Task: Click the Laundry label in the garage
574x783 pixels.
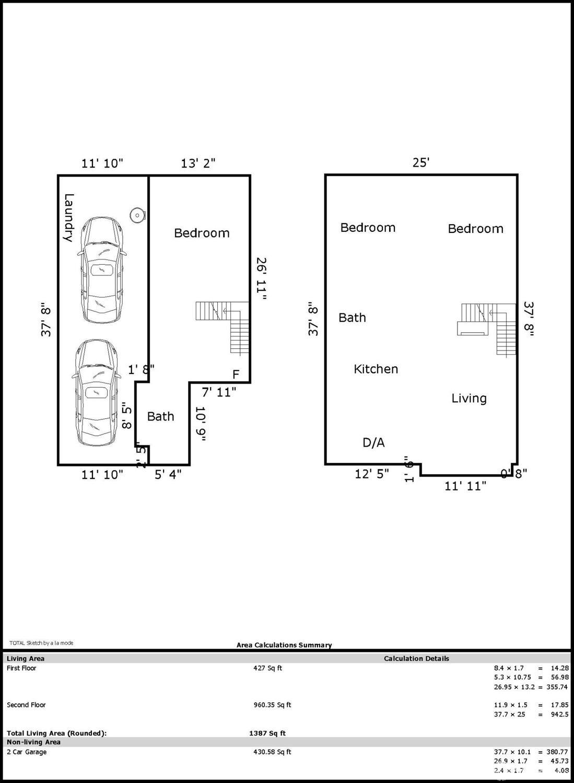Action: [x=68, y=217]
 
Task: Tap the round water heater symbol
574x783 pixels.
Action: [x=137, y=215]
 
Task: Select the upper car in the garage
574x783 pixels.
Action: [x=102, y=270]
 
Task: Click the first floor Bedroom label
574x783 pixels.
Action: [x=202, y=233]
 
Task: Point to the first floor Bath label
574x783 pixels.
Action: [x=160, y=416]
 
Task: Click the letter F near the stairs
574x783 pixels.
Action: [x=236, y=374]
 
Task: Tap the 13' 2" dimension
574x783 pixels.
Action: [x=198, y=163]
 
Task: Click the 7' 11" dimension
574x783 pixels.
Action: [x=219, y=392]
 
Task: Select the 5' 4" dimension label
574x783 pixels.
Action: [x=168, y=474]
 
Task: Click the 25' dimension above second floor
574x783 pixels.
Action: [x=420, y=162]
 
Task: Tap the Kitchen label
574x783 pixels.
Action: [x=376, y=369]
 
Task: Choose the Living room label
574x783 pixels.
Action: [x=468, y=399]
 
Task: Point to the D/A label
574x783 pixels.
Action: [x=373, y=443]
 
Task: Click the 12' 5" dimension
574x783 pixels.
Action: [x=371, y=474]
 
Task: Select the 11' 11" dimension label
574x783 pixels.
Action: [x=465, y=486]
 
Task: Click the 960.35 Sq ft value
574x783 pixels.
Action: [x=272, y=705]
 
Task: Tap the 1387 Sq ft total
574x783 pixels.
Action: [x=267, y=733]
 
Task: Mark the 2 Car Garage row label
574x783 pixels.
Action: [x=27, y=752]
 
